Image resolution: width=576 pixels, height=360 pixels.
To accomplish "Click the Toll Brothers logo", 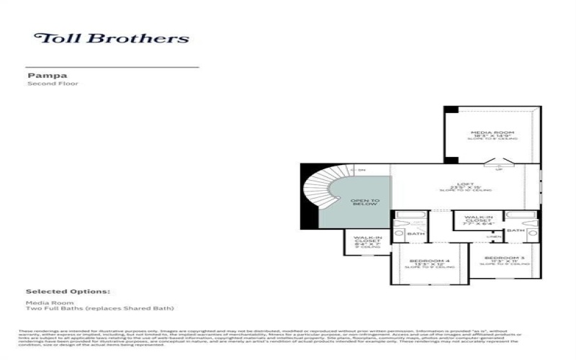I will (112, 38).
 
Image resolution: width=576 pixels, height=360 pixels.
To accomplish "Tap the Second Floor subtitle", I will (53, 84).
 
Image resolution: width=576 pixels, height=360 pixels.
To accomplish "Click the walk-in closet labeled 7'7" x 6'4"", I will (478, 218).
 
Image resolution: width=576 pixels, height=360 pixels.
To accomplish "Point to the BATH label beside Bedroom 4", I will (415, 233).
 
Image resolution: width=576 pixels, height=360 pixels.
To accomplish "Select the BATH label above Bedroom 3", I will (516, 230).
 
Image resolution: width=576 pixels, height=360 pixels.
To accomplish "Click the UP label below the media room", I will (499, 169).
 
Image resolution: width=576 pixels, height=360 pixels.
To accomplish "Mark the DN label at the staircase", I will (361, 170).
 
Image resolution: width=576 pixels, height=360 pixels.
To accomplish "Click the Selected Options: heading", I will (68, 292).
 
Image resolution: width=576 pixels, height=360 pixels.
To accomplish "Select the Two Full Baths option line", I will (100, 309).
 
